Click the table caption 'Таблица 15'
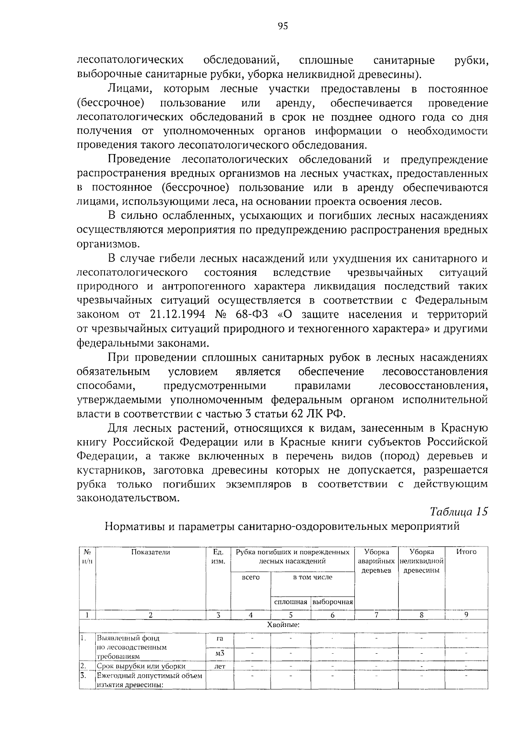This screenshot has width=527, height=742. pos(458,512)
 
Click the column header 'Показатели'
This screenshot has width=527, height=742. pos(151,552)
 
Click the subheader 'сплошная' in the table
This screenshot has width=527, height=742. pos(290,602)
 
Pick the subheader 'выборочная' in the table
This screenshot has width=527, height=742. pos(332,602)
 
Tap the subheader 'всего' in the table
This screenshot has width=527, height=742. pos(251,577)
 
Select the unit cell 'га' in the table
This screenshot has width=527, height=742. pos(220,638)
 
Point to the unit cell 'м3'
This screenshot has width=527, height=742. pos(220,653)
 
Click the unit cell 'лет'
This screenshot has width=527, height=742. pos(220,666)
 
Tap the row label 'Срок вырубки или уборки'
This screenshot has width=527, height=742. pos(141,666)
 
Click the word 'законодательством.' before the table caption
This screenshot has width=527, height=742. pos(128,498)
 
